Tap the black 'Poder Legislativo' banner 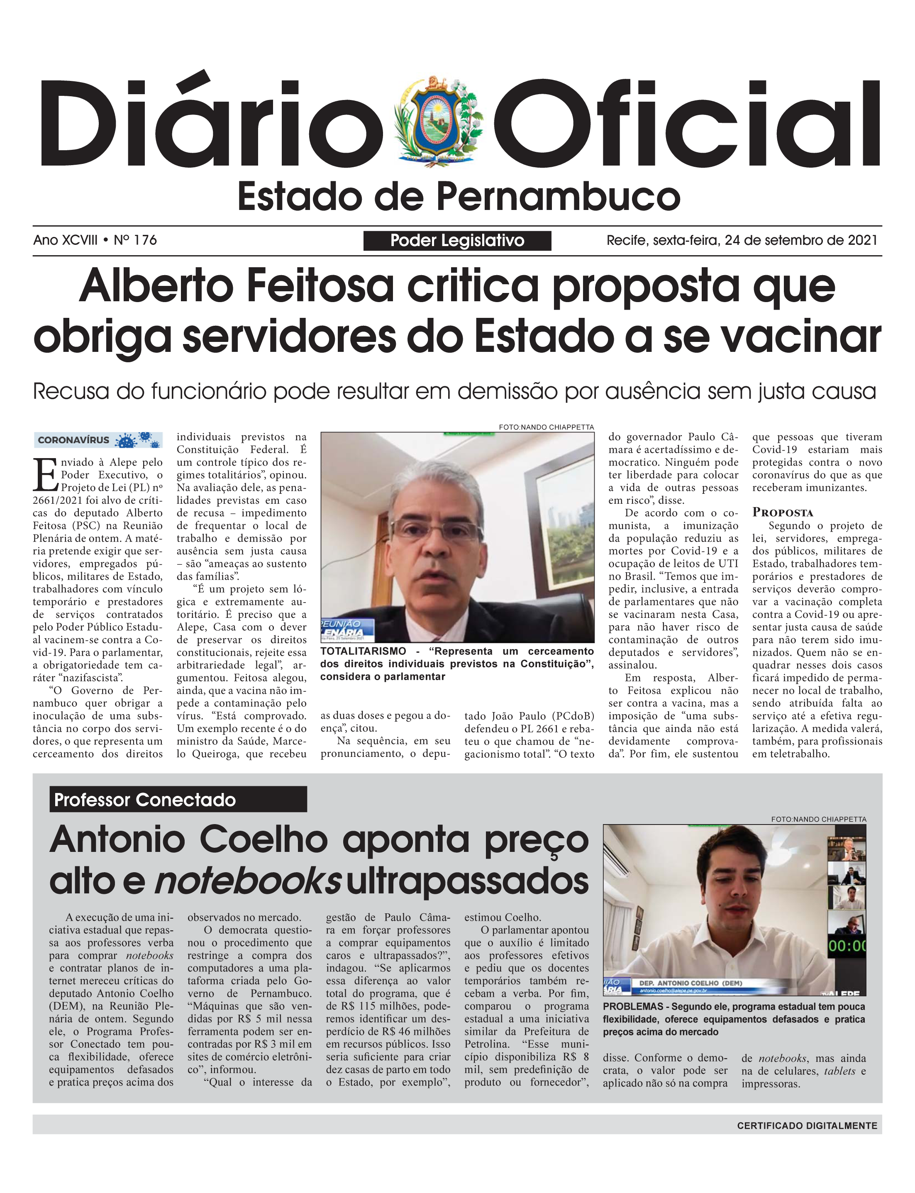click(x=457, y=241)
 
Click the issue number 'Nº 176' click(x=135, y=240)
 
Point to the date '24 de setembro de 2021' click(x=800, y=240)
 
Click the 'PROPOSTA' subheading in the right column click(x=783, y=512)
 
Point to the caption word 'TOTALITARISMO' click(x=363, y=651)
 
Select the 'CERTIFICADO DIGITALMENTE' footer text click(x=807, y=1125)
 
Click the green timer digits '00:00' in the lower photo click(x=847, y=946)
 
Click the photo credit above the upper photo click(x=546, y=427)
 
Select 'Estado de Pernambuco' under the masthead click(x=459, y=197)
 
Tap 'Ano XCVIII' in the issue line click(x=66, y=240)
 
